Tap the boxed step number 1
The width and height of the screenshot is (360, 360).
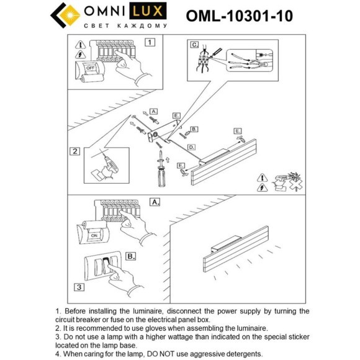pyautogui.click(x=150, y=43)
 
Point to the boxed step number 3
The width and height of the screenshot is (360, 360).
pyautogui.click(x=79, y=287)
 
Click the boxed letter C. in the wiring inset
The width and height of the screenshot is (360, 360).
pyautogui.click(x=195, y=45)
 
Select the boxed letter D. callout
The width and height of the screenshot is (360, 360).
pyautogui.click(x=192, y=147)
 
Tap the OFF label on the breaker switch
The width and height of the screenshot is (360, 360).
pyautogui.click(x=89, y=67)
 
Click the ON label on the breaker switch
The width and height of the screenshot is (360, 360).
pyautogui.click(x=94, y=236)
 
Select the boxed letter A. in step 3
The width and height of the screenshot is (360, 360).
pyautogui.click(x=155, y=202)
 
